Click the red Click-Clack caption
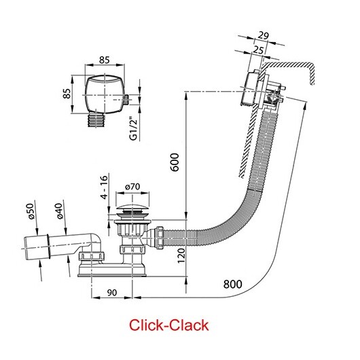pos(168,325)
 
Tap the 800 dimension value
pos(232,284)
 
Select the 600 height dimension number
pos(175,162)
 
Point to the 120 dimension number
pos(181,255)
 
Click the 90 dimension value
pos(112,293)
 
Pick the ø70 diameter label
pos(132,187)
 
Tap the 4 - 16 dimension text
pos(105,187)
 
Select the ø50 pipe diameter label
pos(31,211)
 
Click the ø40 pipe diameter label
pos(59,211)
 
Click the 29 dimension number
pos(263,35)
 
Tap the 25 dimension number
pos(258,50)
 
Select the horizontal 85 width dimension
pos(105,60)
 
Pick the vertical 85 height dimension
pos(67,94)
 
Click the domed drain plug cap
pos(132,210)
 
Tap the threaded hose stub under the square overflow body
pos(96,120)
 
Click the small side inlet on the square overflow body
pos(126,99)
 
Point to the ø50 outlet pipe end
pos(36,247)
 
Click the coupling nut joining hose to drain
pos(160,238)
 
